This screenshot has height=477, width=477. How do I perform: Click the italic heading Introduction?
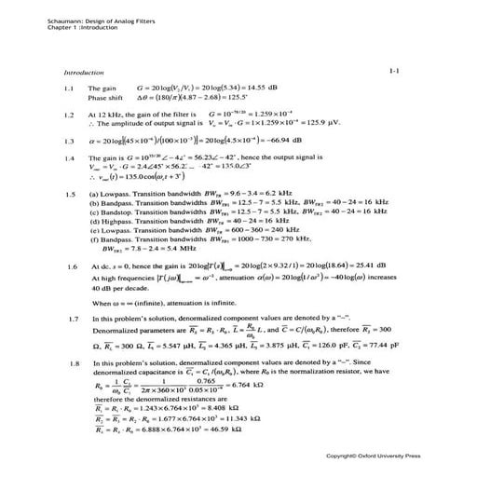coord(83,71)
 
